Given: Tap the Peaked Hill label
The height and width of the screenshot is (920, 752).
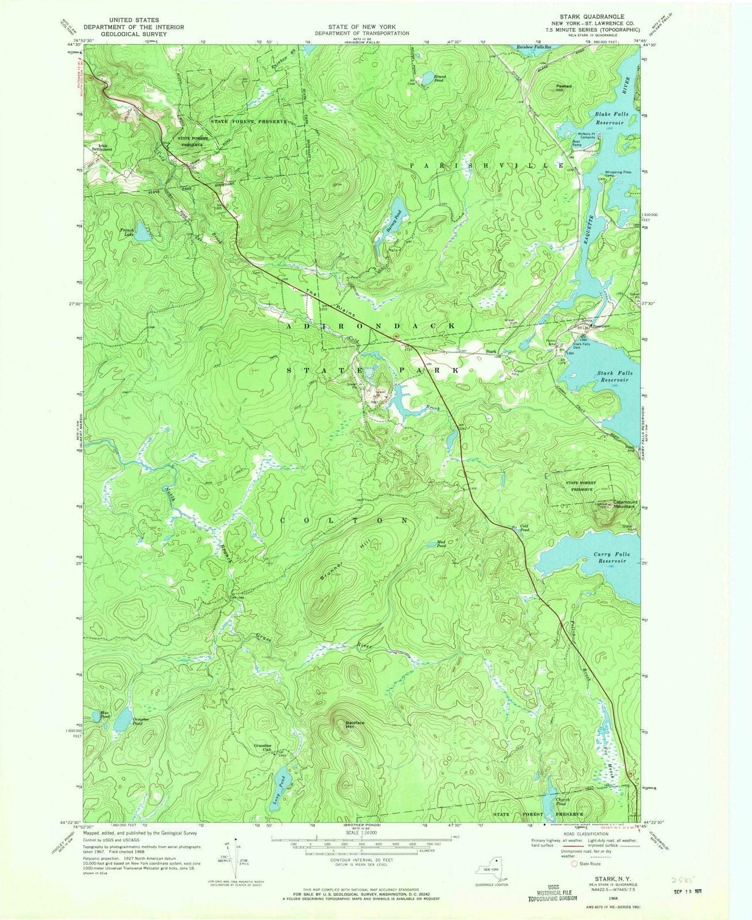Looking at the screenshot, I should (x=564, y=89).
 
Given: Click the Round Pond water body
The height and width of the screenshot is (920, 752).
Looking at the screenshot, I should (x=426, y=79).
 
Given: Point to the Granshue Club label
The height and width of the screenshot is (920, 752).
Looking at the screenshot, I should (x=263, y=747).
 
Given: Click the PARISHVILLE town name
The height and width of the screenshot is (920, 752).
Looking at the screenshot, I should (x=487, y=165).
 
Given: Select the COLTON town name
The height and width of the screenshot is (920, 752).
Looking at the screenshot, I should (x=344, y=519).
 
